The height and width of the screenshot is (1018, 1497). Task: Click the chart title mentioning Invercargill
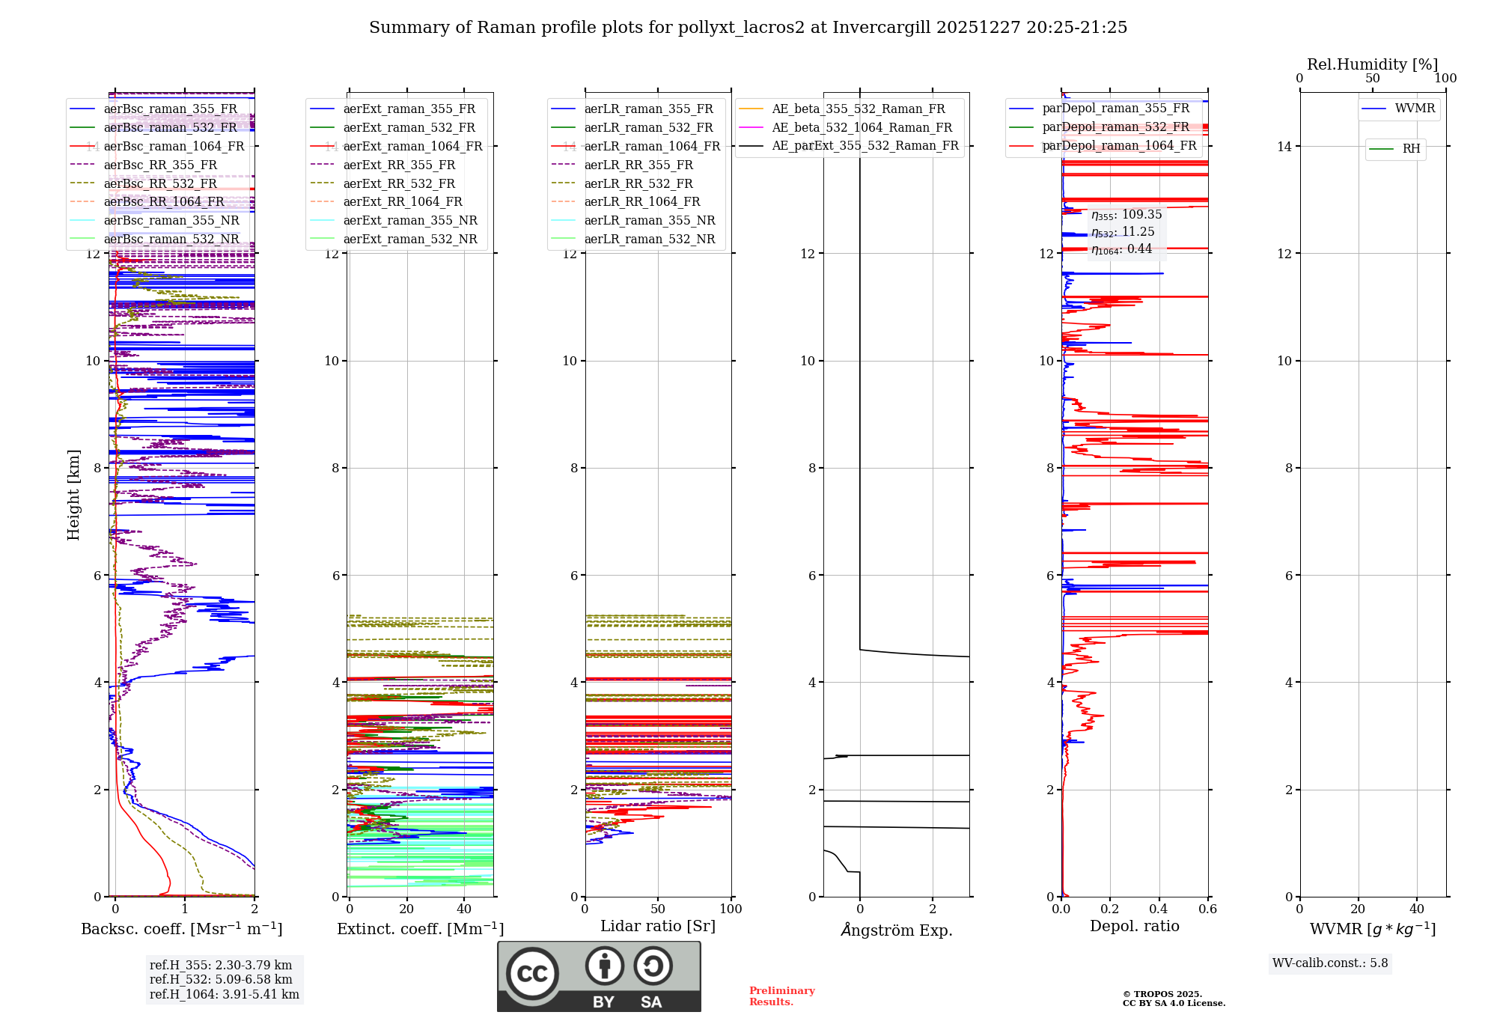tap(748, 28)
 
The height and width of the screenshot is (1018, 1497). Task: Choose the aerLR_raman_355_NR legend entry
tap(649, 220)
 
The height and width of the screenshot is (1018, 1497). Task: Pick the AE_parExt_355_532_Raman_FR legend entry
tap(865, 145)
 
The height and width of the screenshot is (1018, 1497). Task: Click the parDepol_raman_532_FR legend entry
tap(1115, 127)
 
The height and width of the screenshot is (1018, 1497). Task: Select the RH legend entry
tap(1411, 149)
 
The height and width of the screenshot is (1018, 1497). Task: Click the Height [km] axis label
tap(73, 495)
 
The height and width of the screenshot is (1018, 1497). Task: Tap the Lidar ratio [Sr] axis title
tap(658, 926)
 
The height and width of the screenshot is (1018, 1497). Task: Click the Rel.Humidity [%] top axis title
tap(1372, 64)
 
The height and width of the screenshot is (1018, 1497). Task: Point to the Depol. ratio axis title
tap(1134, 926)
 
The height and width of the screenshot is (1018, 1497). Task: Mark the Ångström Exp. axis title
tap(896, 930)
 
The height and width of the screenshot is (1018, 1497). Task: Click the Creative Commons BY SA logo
tap(599, 977)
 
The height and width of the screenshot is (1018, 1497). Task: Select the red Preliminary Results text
tap(781, 996)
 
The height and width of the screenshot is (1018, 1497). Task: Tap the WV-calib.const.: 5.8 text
tap(1330, 963)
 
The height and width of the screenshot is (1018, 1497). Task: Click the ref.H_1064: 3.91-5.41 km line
tap(224, 994)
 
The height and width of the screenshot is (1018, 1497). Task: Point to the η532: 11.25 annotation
tap(1123, 232)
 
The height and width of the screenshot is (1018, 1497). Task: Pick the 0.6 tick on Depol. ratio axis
tap(1207, 909)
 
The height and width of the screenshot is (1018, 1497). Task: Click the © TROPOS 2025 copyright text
tap(1162, 994)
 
